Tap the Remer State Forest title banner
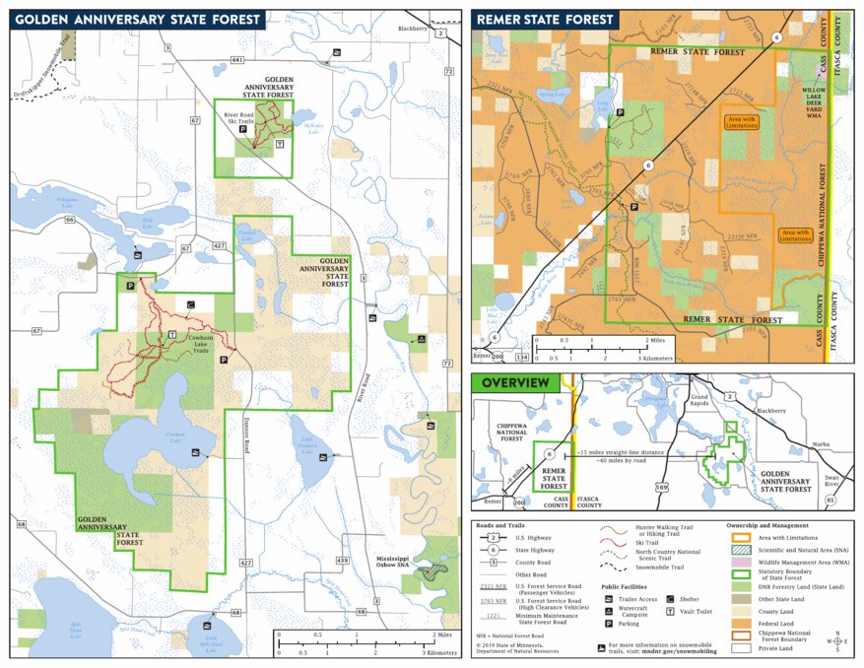coord(544,19)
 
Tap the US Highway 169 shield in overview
coord(662,486)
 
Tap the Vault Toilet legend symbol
coord(671,611)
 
